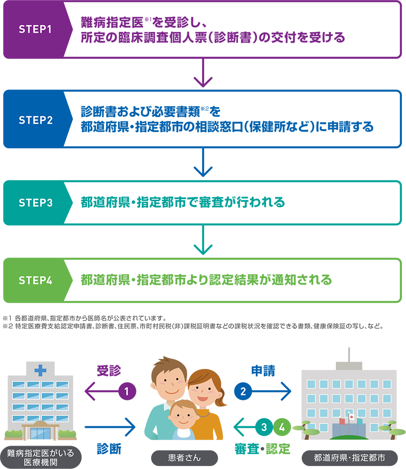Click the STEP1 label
(36, 29)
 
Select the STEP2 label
(36, 120)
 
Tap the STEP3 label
(36, 203)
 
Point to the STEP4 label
(36, 280)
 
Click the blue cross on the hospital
(40, 370)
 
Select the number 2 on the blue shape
(243, 391)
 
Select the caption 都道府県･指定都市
(350, 458)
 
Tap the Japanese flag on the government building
(351, 417)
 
